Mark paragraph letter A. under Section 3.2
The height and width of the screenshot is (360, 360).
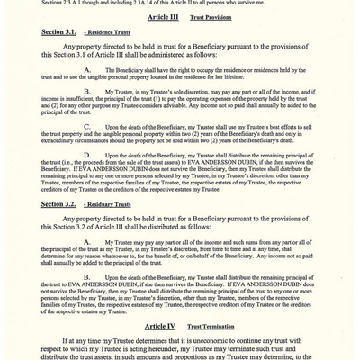click(86, 243)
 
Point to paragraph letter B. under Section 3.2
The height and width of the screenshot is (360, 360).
click(86, 275)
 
